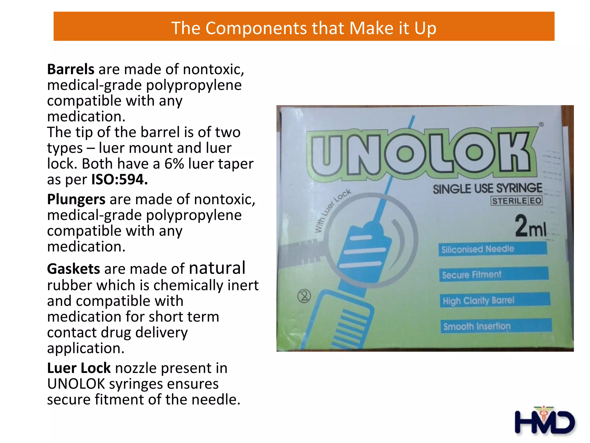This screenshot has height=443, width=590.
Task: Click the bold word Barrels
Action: click(71, 70)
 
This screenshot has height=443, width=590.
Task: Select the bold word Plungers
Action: click(76, 200)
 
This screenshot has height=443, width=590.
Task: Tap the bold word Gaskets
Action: click(73, 269)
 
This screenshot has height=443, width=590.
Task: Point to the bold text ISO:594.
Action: click(120, 180)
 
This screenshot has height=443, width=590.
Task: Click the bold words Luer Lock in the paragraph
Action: click(79, 368)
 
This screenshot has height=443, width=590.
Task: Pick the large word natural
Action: click(217, 268)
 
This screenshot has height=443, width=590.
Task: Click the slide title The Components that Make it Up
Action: click(304, 28)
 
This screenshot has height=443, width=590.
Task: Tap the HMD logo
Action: click(544, 421)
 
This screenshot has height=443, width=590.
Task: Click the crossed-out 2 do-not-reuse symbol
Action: click(304, 296)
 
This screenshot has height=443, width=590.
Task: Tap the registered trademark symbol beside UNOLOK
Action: click(541, 125)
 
